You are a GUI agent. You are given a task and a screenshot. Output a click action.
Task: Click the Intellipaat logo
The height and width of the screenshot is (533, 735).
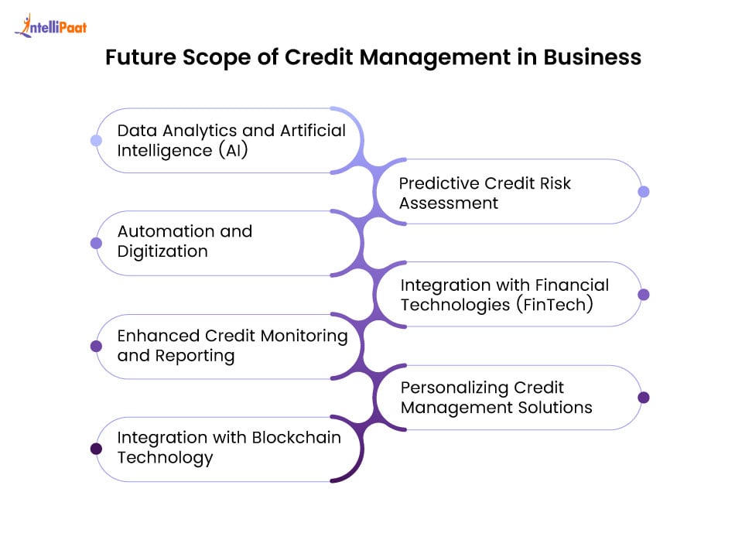pyautogui.click(x=50, y=26)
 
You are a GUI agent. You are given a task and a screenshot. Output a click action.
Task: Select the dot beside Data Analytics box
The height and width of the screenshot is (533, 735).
pyautogui.click(x=96, y=140)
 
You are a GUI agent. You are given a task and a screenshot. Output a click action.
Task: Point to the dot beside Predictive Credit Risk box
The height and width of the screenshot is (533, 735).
pyautogui.click(x=644, y=191)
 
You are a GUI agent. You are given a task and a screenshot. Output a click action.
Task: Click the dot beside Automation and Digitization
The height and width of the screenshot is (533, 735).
pyautogui.click(x=96, y=243)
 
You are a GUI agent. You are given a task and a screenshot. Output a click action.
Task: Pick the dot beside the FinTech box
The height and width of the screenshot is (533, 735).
pyautogui.click(x=644, y=295)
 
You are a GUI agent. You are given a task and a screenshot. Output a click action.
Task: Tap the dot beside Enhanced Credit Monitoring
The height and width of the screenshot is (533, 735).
pyautogui.click(x=96, y=346)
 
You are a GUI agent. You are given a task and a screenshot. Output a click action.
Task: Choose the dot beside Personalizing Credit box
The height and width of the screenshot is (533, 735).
pyautogui.click(x=644, y=398)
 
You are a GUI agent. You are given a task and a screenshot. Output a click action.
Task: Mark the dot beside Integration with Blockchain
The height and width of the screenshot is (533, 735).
pyautogui.click(x=96, y=449)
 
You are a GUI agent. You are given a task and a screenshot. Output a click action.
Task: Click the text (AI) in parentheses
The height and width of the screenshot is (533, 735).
pyautogui.click(x=233, y=151)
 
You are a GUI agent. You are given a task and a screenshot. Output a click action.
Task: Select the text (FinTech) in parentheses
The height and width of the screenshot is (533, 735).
pyautogui.click(x=555, y=305)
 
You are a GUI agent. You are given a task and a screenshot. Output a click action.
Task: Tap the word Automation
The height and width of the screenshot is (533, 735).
pyautogui.click(x=166, y=231)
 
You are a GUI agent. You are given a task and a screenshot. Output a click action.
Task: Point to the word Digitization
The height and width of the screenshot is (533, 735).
pyautogui.click(x=162, y=251)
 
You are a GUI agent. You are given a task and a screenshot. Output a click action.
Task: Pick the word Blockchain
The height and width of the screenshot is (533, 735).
pyautogui.click(x=296, y=437)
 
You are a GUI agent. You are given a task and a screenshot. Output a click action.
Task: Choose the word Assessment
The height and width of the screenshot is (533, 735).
pyautogui.click(x=449, y=203)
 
